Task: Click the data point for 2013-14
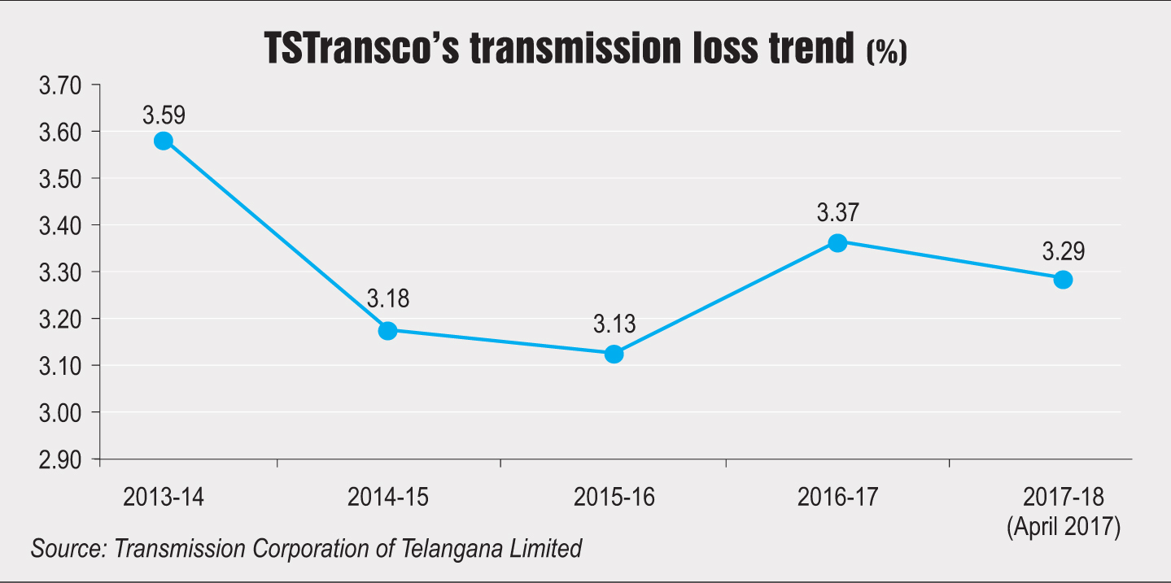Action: [x=163, y=141]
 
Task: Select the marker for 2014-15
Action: [x=388, y=330]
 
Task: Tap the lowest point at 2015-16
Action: [x=614, y=354]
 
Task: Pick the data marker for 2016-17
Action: [x=837, y=242]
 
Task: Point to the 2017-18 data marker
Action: [x=1063, y=280]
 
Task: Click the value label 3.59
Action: [x=164, y=115]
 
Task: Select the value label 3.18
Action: [x=388, y=298]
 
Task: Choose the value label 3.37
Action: [x=838, y=214]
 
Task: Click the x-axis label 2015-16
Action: [x=614, y=498]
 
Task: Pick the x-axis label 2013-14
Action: [x=164, y=498]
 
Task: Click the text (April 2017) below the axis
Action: [x=1063, y=528]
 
